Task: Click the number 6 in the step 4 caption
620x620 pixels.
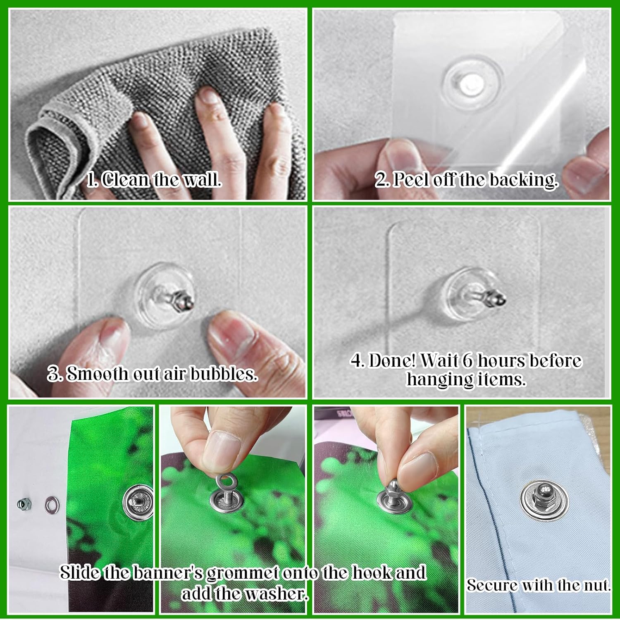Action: pos(467,361)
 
